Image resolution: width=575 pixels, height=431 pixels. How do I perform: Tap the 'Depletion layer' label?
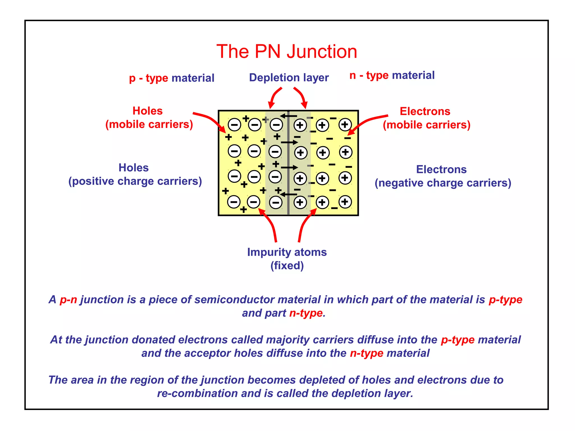[289, 78]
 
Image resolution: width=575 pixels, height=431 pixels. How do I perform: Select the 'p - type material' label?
[172, 78]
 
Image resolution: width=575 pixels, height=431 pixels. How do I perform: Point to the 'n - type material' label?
[392, 75]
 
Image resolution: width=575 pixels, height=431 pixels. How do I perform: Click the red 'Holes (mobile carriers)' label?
[149, 118]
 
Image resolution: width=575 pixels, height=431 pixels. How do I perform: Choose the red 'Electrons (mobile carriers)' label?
[426, 118]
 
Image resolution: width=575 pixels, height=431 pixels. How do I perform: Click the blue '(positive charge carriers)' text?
[135, 181]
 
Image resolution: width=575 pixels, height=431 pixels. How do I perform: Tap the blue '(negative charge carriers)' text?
[443, 183]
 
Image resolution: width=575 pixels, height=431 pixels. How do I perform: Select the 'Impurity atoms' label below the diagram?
[287, 252]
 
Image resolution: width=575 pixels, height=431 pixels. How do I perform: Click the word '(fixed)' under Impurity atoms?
[287, 265]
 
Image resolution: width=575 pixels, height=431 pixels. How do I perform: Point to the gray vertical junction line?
[288, 163]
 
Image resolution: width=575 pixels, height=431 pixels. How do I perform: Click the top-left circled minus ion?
[234, 125]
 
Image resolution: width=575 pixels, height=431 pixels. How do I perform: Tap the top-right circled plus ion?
[345, 125]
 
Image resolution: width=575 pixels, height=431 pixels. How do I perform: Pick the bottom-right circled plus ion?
[345, 202]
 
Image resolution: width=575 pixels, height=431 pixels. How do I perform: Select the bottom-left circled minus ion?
[234, 202]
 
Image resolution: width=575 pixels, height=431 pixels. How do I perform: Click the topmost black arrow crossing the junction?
[288, 116]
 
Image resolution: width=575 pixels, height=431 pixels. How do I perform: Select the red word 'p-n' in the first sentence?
[68, 300]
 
